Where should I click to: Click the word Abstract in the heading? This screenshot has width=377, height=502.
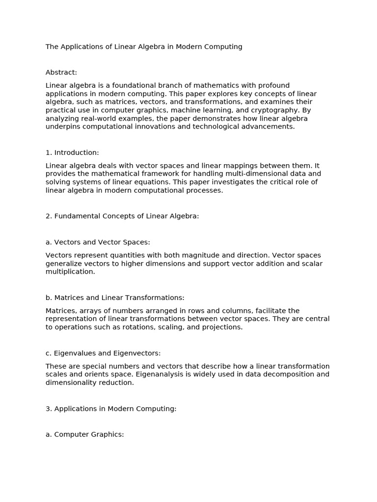[x=61, y=73]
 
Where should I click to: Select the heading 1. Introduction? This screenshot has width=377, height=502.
[x=72, y=152]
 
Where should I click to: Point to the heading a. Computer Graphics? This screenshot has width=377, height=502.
[x=84, y=434]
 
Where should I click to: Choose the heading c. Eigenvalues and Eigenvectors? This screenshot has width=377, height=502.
[x=103, y=353]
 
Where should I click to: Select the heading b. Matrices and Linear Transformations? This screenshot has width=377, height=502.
[x=115, y=298]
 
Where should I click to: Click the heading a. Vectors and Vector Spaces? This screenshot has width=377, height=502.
[x=98, y=242]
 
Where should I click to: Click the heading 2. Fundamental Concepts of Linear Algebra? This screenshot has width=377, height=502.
[x=122, y=216]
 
